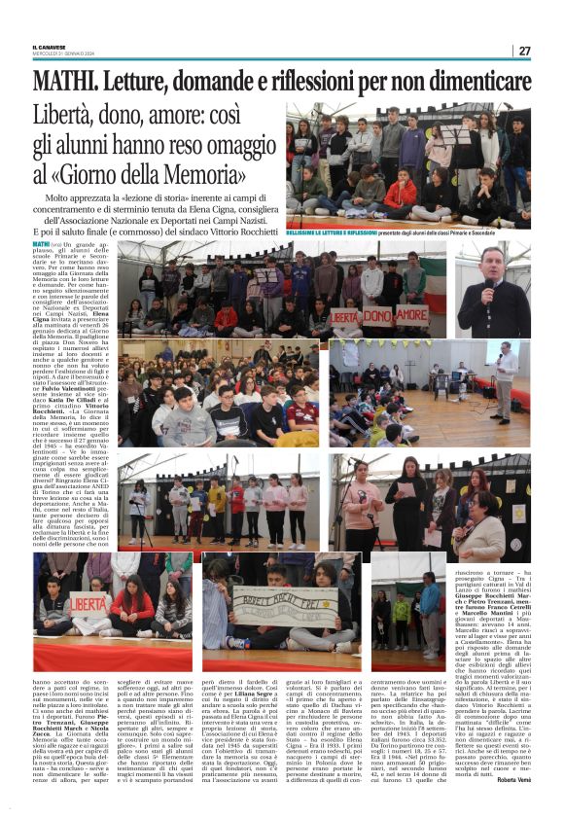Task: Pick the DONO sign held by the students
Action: [x=371, y=316]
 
